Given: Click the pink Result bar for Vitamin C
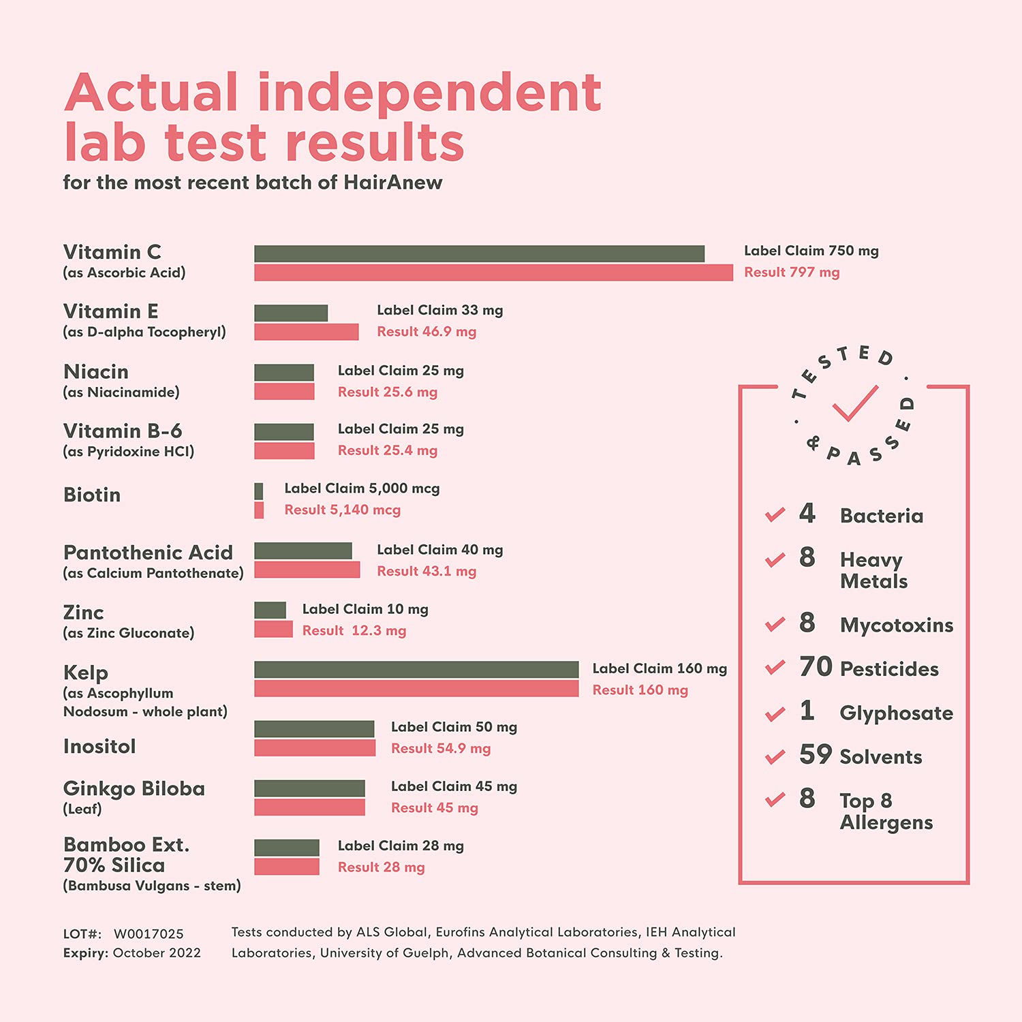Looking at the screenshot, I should pos(493,273).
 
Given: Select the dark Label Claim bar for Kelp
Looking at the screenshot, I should pos(416,669).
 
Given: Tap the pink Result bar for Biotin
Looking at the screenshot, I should pos(259,510).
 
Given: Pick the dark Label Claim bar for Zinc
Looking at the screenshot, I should pos(270,610).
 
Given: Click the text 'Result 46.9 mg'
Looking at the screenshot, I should pos(427,332).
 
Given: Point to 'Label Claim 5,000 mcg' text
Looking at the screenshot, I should pos(362,489).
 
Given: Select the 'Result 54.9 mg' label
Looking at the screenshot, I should pos(441,748).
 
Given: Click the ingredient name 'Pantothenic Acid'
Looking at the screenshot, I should pos(148,552).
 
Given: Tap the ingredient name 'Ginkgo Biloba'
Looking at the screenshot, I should pos(134,788).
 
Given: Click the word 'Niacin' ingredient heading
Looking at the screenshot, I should pos(96,371).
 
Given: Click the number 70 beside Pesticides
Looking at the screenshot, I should pos(816,667).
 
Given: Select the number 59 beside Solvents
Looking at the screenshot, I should pos(816,754).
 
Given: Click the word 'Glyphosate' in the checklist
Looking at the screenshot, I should pos(896,713).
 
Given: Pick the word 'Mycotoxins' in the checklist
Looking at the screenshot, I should pos(896,625).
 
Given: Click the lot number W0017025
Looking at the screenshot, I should pos(149,933).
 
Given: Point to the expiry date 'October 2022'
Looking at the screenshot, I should pos(157,953).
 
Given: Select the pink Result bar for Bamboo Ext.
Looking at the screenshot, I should pos(286,867).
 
